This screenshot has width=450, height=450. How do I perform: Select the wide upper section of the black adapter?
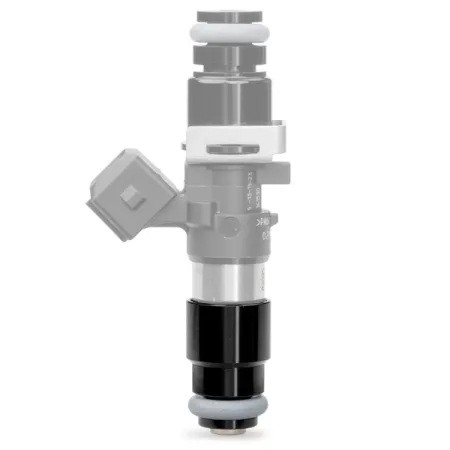point(229,330)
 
